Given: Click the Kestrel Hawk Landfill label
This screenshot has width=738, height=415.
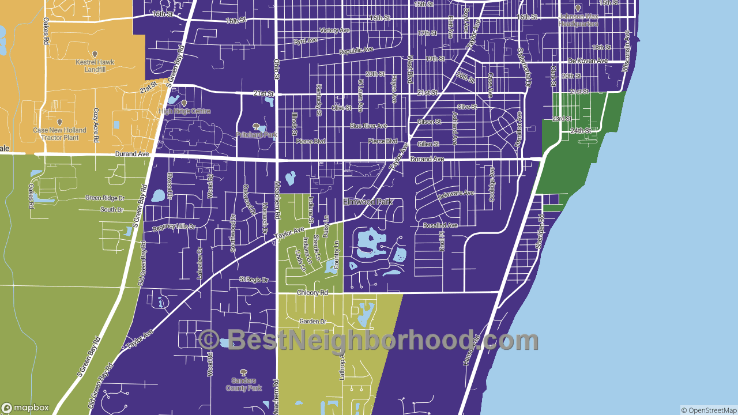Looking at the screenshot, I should pyautogui.click(x=95, y=66).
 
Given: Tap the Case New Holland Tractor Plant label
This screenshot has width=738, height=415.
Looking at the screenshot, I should pyautogui.click(x=59, y=134).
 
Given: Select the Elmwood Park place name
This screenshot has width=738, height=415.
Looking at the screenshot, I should pyautogui.click(x=368, y=202).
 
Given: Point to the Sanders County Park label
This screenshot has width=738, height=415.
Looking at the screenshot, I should pyautogui.click(x=244, y=384).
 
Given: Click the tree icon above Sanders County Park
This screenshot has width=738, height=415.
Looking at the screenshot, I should pyautogui.click(x=244, y=372).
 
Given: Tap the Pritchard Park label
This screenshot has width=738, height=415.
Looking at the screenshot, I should pyautogui.click(x=257, y=135).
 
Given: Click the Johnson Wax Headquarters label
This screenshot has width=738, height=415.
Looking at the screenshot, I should pyautogui.click(x=578, y=20).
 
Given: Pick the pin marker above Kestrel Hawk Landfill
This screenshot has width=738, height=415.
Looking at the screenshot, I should pyautogui.click(x=95, y=54).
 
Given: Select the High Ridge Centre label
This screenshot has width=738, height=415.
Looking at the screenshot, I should pyautogui.click(x=184, y=111).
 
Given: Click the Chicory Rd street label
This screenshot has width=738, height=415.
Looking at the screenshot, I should pyautogui.click(x=312, y=293).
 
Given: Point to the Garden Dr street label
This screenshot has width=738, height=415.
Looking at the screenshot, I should pyautogui.click(x=312, y=321).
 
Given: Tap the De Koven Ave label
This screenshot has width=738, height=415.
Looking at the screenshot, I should pyautogui.click(x=588, y=61).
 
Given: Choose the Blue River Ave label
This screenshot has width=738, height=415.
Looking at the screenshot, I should pyautogui.click(x=368, y=126).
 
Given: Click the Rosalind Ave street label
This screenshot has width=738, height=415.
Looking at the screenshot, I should pyautogui.click(x=440, y=225).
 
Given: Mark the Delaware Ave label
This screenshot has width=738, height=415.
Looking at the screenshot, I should pyautogui.click(x=455, y=195).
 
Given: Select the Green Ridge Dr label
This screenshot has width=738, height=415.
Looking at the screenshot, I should pyautogui.click(x=105, y=198).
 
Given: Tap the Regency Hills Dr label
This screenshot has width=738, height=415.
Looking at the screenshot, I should pyautogui.click(x=174, y=228).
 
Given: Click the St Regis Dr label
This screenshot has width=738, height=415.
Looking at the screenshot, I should pyautogui.click(x=254, y=280).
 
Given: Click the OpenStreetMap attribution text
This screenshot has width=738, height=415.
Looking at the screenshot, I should pyautogui.click(x=709, y=410).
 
